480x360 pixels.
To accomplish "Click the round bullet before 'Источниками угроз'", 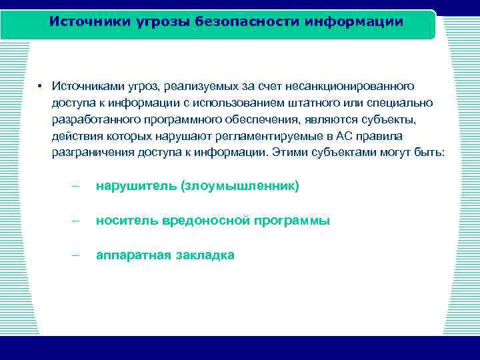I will [41, 87].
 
